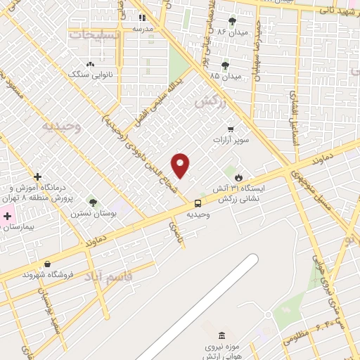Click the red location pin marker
181,166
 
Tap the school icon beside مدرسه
142,18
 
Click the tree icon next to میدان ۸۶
233,21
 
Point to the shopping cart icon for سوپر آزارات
231,129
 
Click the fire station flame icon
238,176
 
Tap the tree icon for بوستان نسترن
93,203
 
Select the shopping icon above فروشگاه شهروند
46,264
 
